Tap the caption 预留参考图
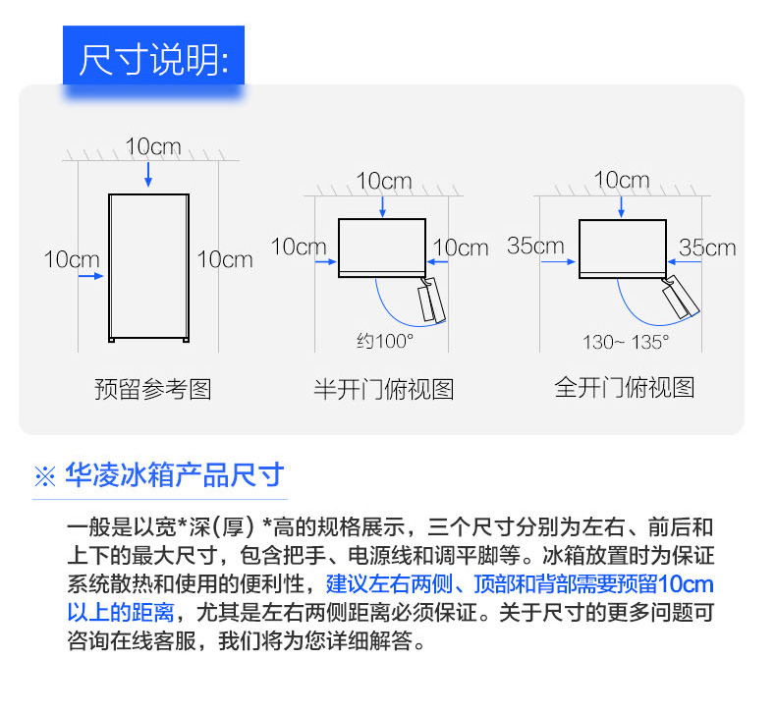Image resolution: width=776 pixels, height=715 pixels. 153,389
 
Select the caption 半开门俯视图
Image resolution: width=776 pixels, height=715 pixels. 384,389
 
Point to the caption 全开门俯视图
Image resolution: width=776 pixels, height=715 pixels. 625,387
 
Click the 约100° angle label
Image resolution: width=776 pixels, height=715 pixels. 385,341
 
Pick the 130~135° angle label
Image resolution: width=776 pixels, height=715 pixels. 626,342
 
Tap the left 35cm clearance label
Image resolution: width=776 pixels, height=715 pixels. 535,246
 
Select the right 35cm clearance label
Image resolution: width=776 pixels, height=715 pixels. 707,247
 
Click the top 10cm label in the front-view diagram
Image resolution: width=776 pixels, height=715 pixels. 153,146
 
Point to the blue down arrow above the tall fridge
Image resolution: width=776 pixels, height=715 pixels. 148,174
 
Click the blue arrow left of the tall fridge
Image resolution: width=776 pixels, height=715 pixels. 91,276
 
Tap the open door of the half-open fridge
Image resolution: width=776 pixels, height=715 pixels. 431,301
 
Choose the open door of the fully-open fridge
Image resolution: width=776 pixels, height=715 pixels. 681,296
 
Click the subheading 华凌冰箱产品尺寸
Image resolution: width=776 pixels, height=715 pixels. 175,475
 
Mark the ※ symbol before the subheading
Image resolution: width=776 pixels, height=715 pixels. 45,476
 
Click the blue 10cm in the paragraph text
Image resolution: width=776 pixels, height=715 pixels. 686,584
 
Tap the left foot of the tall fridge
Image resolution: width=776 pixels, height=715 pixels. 112,340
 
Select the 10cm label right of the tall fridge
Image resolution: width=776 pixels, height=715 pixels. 225,259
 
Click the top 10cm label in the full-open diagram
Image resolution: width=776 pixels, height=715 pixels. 622,180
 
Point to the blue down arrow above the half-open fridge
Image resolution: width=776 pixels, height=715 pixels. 382,207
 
